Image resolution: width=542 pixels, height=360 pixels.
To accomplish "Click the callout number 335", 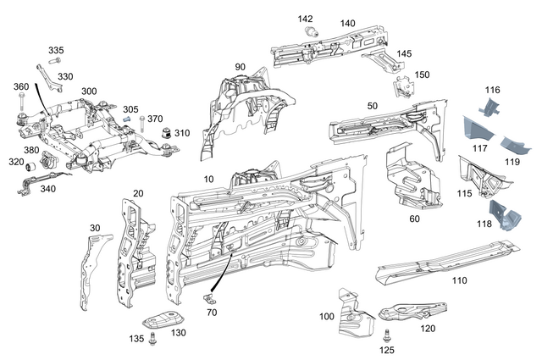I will (x=56, y=50).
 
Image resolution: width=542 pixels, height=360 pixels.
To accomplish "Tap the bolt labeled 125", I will (x=386, y=335).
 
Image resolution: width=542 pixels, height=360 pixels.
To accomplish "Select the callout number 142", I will (x=306, y=19).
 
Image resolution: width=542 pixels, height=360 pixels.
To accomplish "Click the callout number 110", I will (x=459, y=280).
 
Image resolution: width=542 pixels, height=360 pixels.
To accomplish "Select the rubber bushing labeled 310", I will (x=167, y=133).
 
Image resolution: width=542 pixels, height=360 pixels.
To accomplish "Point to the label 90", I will (x=240, y=67).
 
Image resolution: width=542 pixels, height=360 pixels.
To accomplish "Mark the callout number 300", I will (x=88, y=90).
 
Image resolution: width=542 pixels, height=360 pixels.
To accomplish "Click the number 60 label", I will (x=414, y=219).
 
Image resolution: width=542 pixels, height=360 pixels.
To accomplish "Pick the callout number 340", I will (x=47, y=189).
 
